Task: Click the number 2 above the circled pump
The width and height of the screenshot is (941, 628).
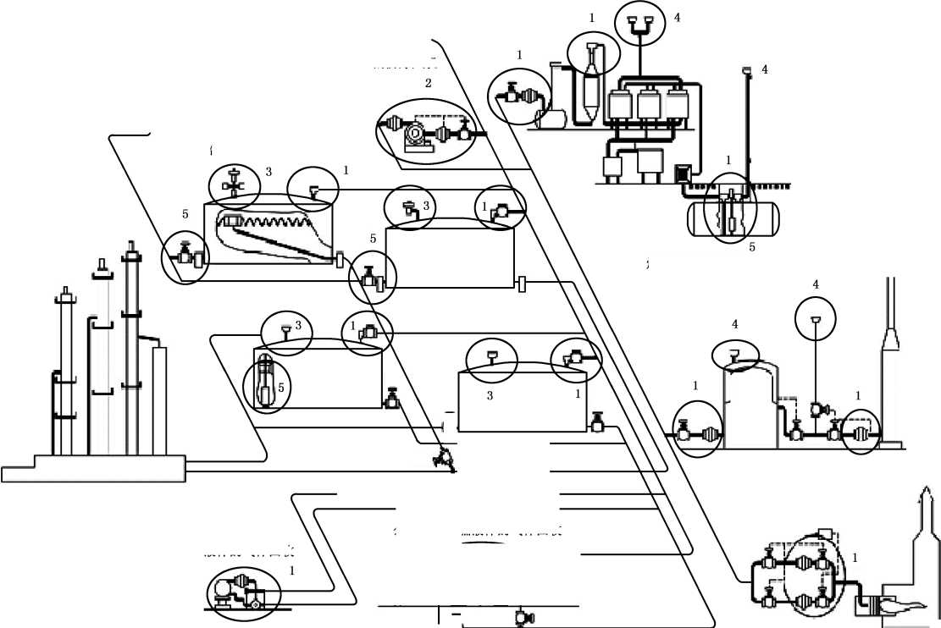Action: click(429, 83)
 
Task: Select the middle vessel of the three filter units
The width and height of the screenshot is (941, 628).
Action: click(649, 104)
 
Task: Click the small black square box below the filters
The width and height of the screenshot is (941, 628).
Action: click(681, 174)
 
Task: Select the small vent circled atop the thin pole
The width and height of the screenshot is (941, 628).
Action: click(816, 320)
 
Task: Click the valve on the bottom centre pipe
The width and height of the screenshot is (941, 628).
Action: click(518, 619)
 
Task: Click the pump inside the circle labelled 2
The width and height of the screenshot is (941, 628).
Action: click(415, 135)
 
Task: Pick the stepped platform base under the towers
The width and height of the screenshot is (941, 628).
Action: click(94, 468)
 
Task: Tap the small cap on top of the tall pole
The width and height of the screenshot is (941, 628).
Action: click(746, 70)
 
